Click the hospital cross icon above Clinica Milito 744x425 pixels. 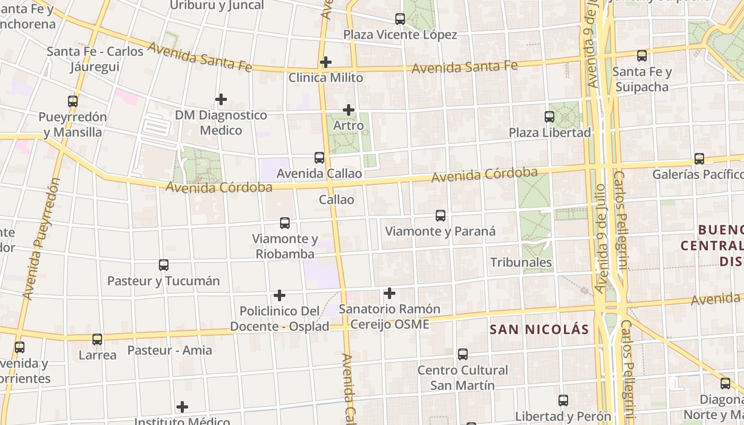point(326,63)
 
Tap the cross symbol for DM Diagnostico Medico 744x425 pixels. point(221,99)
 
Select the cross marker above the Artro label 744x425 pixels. point(349,110)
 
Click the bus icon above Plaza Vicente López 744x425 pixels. point(400,19)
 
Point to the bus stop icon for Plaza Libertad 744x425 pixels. point(549,117)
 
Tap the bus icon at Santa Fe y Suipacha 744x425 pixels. point(642,56)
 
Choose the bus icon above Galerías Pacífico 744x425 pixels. point(699,159)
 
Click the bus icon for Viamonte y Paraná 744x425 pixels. point(441,216)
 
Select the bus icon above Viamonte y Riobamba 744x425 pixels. point(285,223)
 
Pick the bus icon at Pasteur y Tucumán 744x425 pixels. point(164,265)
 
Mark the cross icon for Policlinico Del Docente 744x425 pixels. point(280,295)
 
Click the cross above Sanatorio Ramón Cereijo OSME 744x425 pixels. point(390,293)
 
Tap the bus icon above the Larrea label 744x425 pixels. point(97,339)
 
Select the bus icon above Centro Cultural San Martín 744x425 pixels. point(463,354)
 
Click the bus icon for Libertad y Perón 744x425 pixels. point(563,401)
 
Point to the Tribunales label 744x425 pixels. point(521,262)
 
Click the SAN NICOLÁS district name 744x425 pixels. point(539,329)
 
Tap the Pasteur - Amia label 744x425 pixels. point(170,351)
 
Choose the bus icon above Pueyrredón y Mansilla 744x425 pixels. point(73,101)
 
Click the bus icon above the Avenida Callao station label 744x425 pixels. point(319,158)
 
